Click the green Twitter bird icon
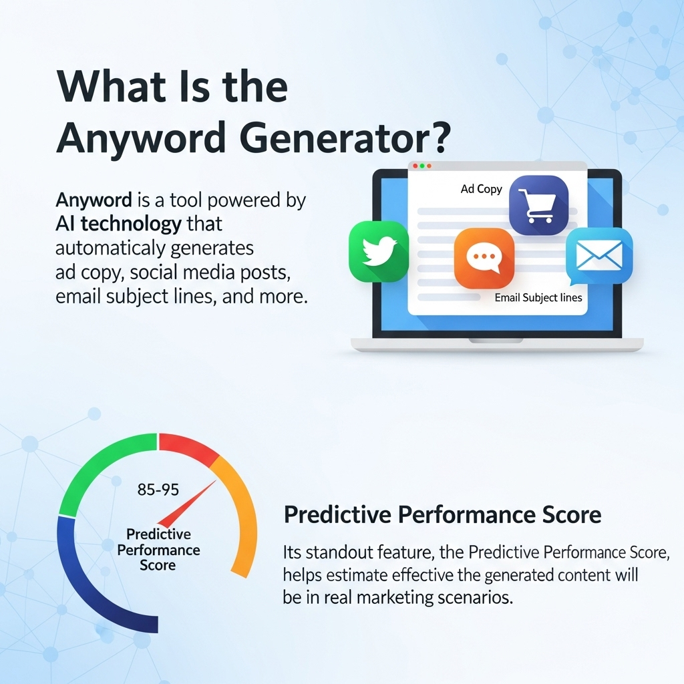[379, 251]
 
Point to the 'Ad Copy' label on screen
[481, 189]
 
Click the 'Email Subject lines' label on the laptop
[538, 298]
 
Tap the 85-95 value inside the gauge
[158, 490]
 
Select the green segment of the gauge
[100, 468]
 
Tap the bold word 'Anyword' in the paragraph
[94, 200]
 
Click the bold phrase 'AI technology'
[118, 224]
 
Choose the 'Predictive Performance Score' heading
[442, 515]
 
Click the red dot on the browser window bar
[415, 165]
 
